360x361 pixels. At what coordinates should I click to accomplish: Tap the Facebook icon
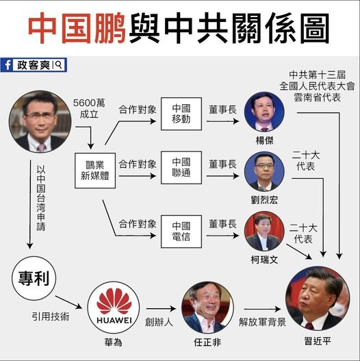click(7, 65)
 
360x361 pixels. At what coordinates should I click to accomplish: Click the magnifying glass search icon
click(59, 64)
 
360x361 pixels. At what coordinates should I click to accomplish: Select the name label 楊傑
click(265, 140)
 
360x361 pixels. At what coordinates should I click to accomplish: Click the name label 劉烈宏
click(264, 200)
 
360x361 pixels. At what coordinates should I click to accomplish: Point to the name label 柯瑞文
click(264, 260)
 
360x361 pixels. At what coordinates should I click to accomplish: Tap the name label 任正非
click(207, 343)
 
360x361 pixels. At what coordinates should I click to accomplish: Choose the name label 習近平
click(318, 341)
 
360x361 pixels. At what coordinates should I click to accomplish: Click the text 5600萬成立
click(89, 108)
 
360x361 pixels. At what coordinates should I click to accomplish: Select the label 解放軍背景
click(262, 322)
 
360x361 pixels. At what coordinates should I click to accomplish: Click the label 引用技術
click(51, 316)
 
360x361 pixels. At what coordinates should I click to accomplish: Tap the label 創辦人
click(159, 322)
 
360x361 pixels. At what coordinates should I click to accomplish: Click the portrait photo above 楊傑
click(264, 112)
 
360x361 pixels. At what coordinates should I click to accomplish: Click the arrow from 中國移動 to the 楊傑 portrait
click(222, 121)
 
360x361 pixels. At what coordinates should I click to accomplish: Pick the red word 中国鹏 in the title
click(77, 28)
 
